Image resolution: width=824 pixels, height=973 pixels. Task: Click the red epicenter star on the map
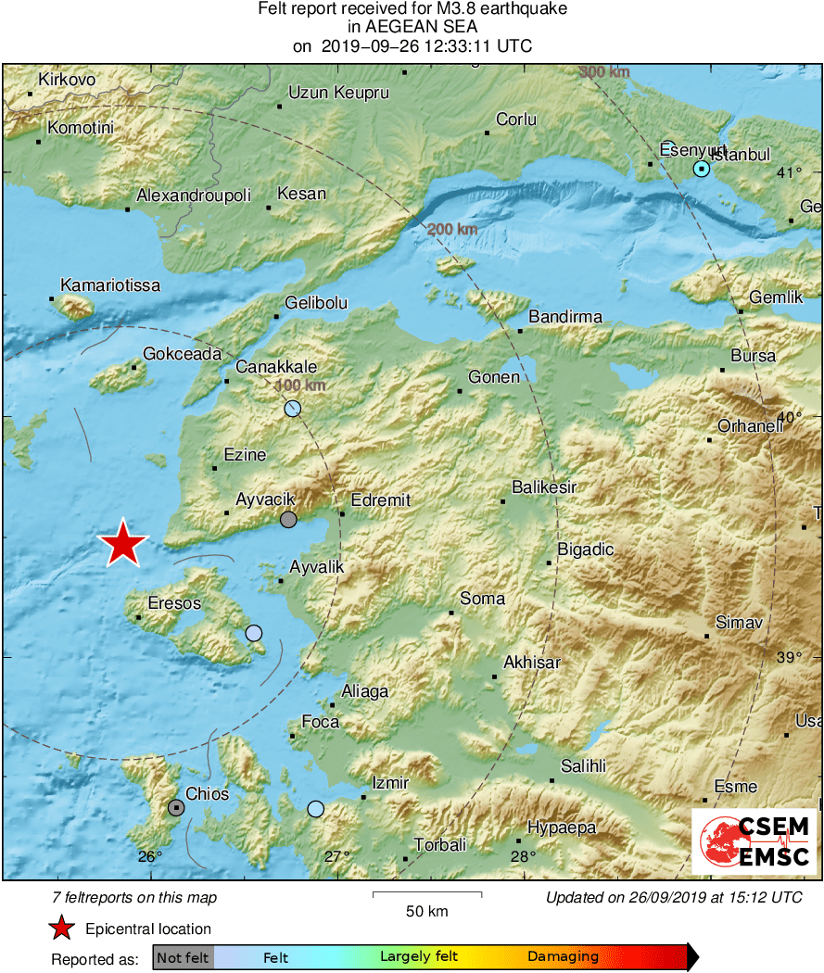coord(122,544)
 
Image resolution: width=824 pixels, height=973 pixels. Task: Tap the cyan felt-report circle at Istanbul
coord(702,169)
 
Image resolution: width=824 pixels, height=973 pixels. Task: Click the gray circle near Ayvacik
coord(288,520)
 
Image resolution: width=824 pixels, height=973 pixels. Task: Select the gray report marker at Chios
coord(176,808)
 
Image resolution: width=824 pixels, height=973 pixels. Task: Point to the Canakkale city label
coord(276,367)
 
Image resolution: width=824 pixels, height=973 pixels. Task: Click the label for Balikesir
coord(544,487)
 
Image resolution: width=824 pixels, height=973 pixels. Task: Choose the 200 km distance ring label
coord(452,229)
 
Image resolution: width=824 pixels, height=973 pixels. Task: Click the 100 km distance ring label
coord(301,385)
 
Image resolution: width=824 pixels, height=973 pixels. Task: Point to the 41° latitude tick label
coord(789,172)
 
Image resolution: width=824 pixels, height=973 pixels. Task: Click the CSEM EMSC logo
coord(754,841)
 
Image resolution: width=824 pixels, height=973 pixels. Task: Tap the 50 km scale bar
coord(426,894)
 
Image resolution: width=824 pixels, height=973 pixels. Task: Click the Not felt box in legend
coord(184,957)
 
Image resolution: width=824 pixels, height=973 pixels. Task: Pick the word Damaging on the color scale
coord(563,957)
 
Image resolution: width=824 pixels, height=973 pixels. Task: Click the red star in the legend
coord(61,929)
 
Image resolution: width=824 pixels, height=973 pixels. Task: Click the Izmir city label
coord(389,783)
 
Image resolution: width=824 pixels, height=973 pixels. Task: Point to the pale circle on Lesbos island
coord(253,634)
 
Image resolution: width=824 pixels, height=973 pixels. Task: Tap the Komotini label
coord(80,128)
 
